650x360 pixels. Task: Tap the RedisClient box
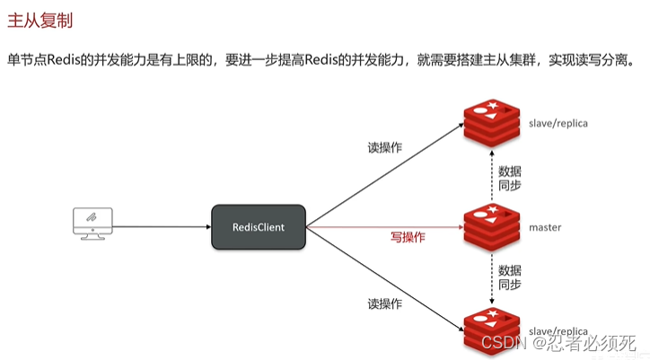pos(259,227)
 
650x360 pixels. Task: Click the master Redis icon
pos(489,227)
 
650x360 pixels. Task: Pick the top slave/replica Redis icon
pos(489,123)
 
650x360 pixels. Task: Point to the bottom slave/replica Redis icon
pos(489,330)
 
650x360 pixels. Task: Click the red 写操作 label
pos(408,238)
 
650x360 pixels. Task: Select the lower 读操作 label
pos(384,303)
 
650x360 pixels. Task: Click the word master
pos(545,228)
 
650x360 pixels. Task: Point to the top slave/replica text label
pos(558,123)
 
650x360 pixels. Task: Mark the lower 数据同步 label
pos(509,277)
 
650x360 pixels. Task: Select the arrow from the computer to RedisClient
pos(162,227)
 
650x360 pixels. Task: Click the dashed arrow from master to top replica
pos(491,175)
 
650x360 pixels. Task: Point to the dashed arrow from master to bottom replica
pos(491,278)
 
